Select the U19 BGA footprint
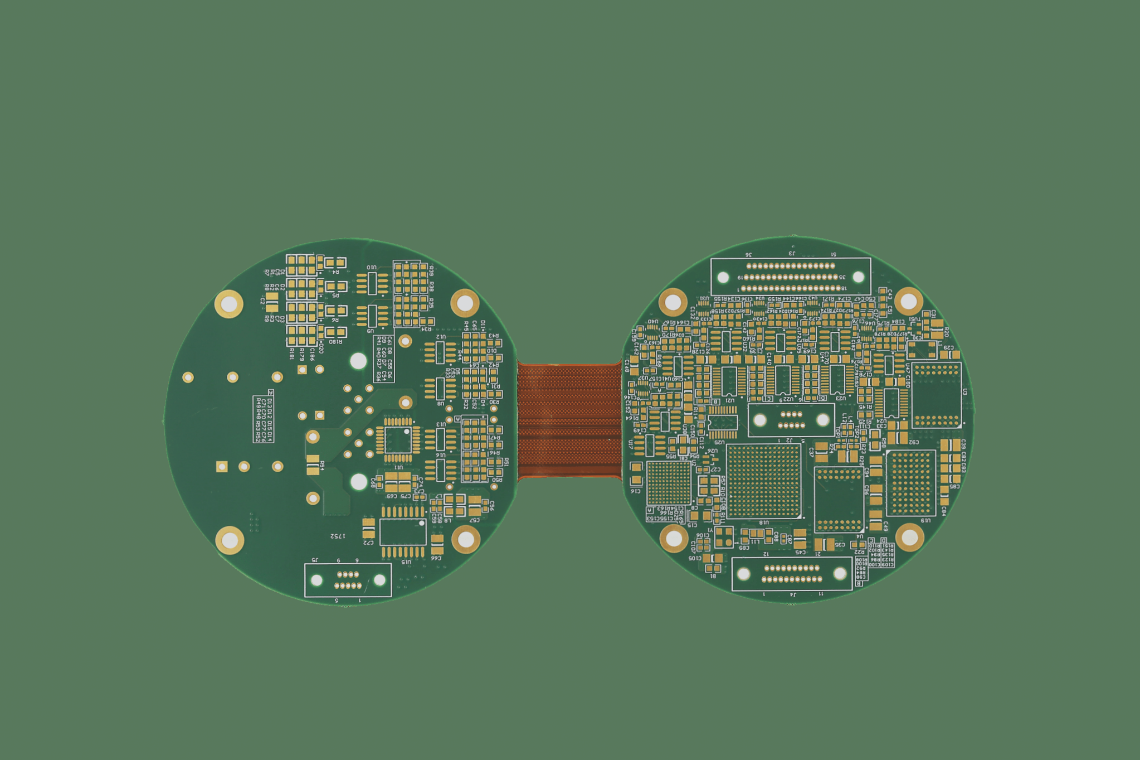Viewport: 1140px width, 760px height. pyautogui.click(x=910, y=483)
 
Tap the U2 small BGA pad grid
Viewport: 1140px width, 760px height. pyautogui.click(x=668, y=483)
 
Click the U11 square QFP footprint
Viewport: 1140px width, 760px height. pyautogui.click(x=398, y=440)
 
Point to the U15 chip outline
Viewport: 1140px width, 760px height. pyautogui.click(x=402, y=532)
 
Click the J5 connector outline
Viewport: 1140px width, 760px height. pyautogui.click(x=348, y=580)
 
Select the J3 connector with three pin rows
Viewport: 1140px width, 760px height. pyautogui.click(x=791, y=277)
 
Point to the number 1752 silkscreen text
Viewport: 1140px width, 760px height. pyautogui.click(x=337, y=536)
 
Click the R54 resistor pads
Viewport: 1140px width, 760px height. pyautogui.click(x=313, y=465)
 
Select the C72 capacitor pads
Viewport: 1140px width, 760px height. pyautogui.click(x=368, y=527)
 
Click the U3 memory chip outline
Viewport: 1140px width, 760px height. pyautogui.click(x=937, y=395)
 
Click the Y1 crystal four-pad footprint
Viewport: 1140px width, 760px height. pyautogui.click(x=724, y=537)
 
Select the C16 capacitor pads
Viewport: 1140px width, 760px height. pyautogui.click(x=636, y=473)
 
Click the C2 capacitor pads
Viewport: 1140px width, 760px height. pyautogui.click(x=271, y=302)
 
